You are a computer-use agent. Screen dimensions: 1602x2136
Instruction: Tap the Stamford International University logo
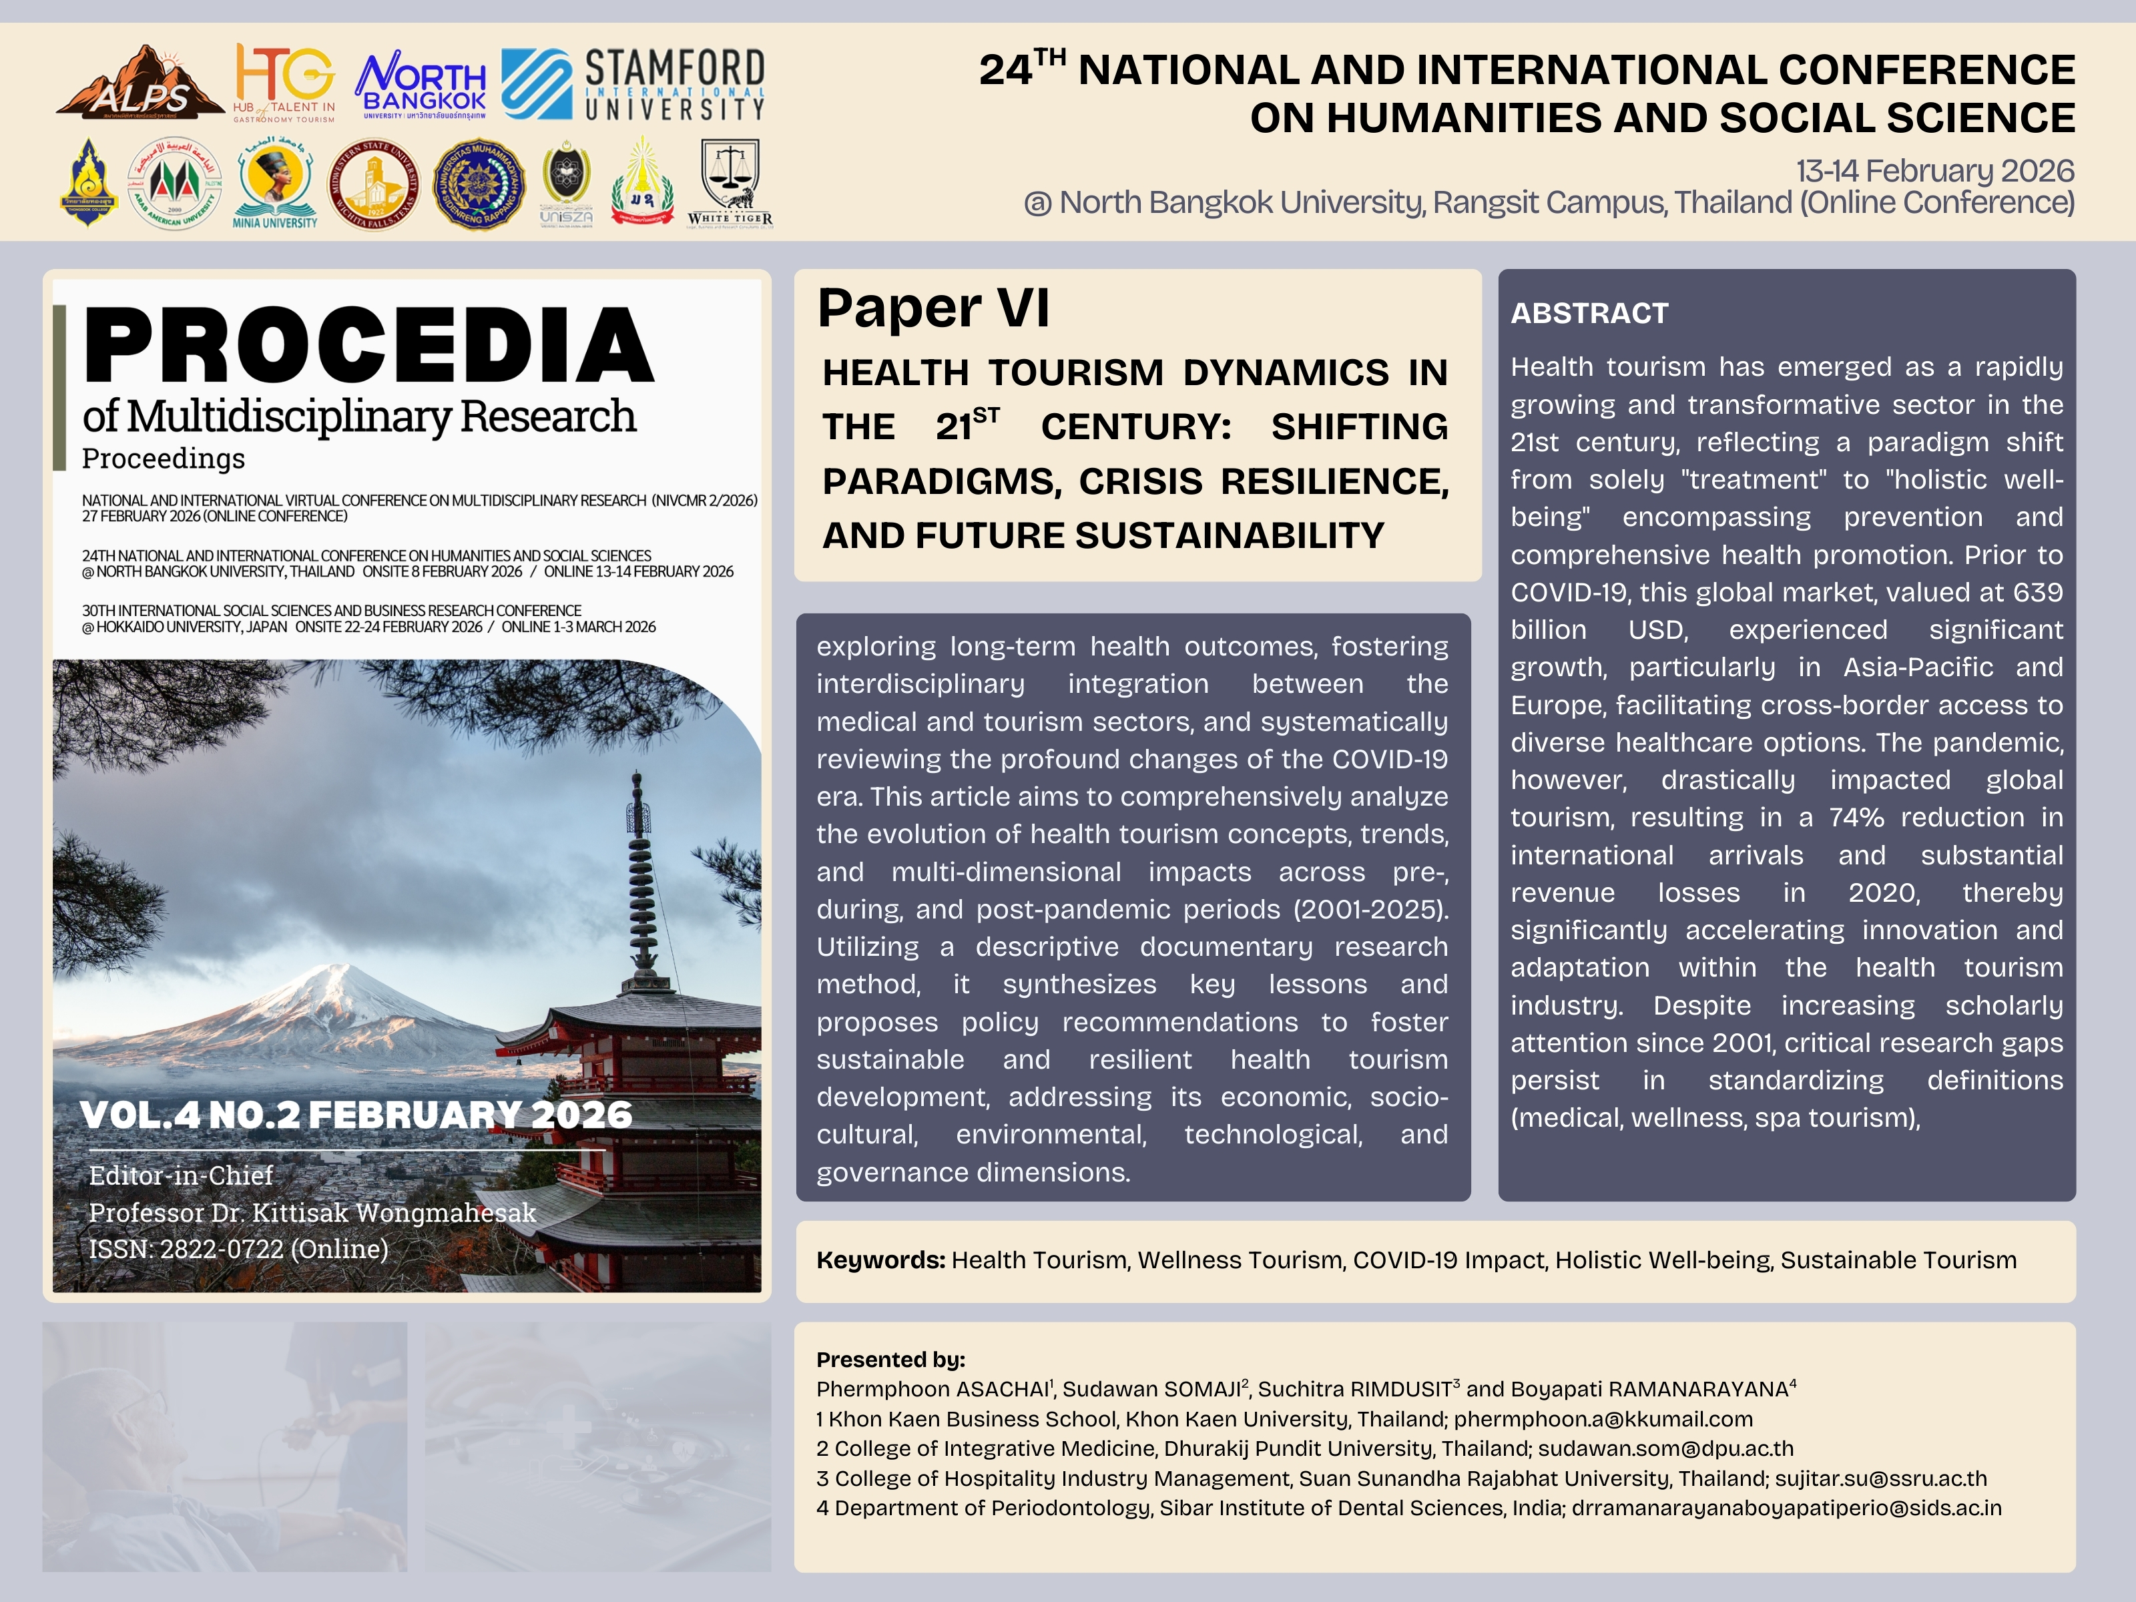[x=633, y=85]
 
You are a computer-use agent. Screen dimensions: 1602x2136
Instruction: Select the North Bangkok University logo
[x=422, y=85]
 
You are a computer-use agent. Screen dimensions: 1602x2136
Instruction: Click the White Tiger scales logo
[x=730, y=182]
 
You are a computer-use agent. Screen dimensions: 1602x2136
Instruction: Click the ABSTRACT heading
[x=1589, y=314]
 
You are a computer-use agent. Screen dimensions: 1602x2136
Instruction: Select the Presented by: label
[x=890, y=1360]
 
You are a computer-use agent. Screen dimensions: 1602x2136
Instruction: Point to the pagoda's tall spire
[x=638, y=869]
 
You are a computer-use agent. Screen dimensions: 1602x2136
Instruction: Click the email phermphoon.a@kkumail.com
[x=1603, y=1420]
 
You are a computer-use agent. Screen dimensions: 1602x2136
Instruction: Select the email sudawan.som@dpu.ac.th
[x=1665, y=1449]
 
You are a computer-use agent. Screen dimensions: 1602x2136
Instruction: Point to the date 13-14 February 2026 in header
[x=1934, y=171]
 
